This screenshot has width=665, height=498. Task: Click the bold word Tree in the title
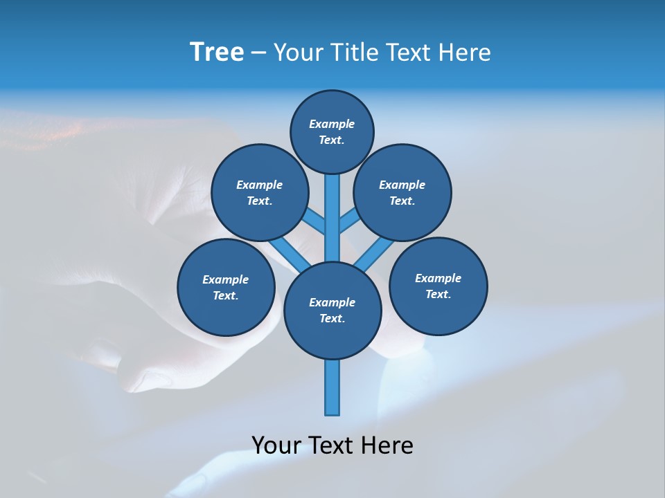[x=217, y=52]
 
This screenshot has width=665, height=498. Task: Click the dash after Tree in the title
[x=258, y=53]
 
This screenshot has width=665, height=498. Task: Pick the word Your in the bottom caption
[x=277, y=445]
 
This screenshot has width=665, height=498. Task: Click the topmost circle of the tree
[x=332, y=131]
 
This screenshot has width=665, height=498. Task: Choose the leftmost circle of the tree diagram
[x=226, y=287]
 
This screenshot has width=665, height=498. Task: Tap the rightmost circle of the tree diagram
[x=438, y=286]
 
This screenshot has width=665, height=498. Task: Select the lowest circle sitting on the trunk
[x=332, y=310]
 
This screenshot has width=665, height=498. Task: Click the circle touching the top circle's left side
[x=260, y=192]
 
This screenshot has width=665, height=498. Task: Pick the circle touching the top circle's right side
[x=402, y=192]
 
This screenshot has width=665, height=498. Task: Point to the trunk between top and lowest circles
[x=332, y=221]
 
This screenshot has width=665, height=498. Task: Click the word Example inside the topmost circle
[x=332, y=124]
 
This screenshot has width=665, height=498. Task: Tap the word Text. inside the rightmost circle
[x=438, y=294]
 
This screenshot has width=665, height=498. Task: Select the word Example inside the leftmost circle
[x=226, y=279]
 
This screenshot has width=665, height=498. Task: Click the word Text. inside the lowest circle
[x=332, y=318]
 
